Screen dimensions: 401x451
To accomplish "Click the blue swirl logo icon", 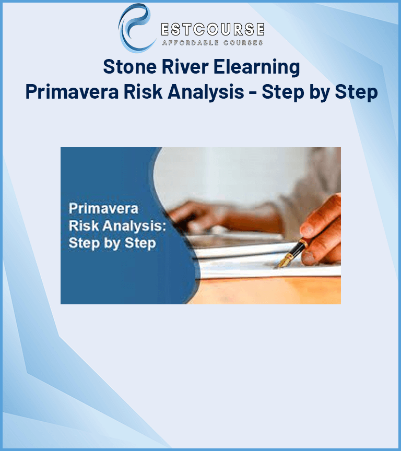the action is (135, 28).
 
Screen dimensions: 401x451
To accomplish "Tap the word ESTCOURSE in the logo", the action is (213, 29).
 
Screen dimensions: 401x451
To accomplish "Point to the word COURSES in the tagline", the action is (243, 43).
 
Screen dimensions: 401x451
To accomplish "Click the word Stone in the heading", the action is (129, 67).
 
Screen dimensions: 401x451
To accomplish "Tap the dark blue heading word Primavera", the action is (72, 92).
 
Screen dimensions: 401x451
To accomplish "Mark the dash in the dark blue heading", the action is (253, 93).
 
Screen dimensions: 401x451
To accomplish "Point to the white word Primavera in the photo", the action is (103, 208).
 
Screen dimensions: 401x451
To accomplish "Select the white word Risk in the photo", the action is (84, 225).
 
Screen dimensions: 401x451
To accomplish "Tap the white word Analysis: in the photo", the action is (134, 227).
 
